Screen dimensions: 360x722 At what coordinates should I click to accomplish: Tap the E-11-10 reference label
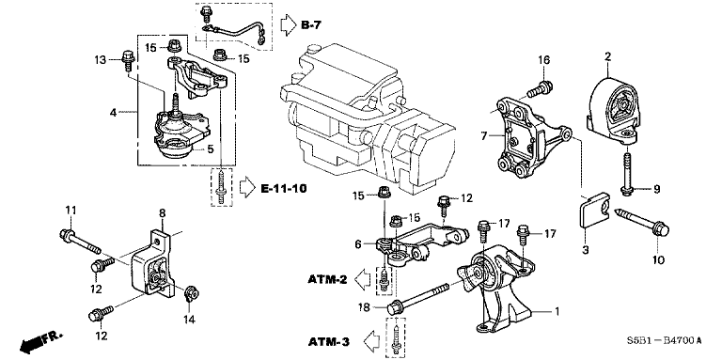(x=285, y=188)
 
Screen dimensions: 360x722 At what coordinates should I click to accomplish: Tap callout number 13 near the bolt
(x=102, y=60)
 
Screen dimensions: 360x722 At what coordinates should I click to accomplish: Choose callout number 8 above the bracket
(x=161, y=212)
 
